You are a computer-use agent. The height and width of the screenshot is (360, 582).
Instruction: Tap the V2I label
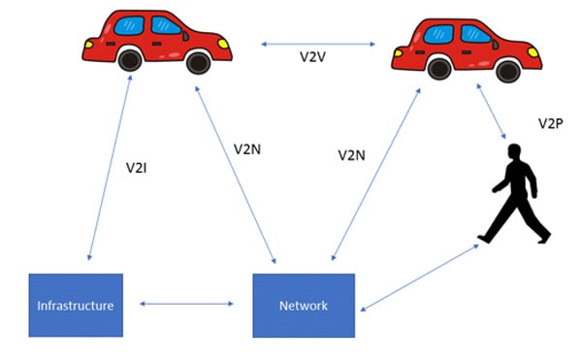pyautogui.click(x=138, y=168)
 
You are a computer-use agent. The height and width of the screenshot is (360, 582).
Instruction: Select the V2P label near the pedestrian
pyautogui.click(x=552, y=123)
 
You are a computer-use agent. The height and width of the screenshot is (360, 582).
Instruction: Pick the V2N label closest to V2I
pyautogui.click(x=247, y=149)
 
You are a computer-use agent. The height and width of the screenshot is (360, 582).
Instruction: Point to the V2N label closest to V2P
pyautogui.click(x=351, y=154)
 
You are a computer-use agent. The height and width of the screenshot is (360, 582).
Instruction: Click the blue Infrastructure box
pyautogui.click(x=75, y=306)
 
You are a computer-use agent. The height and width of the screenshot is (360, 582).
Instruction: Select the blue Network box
pyautogui.click(x=304, y=306)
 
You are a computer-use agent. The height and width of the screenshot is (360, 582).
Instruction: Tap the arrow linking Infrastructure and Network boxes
pyautogui.click(x=187, y=305)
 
